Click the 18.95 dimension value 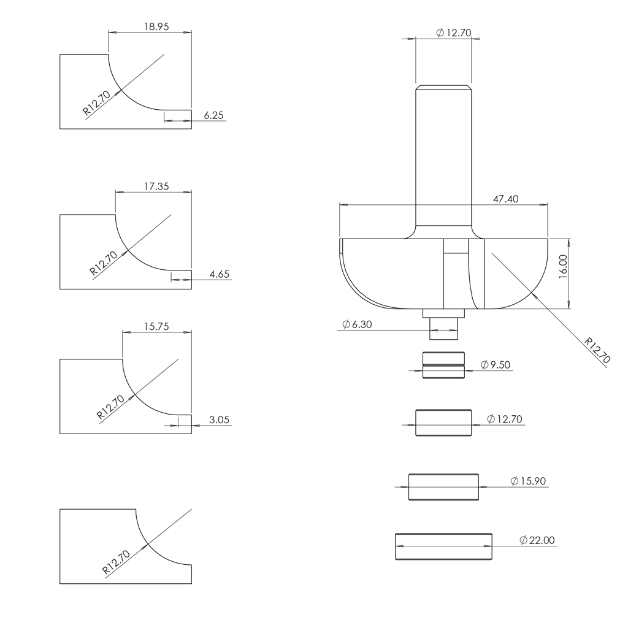click(x=156, y=27)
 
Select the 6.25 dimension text click(x=214, y=115)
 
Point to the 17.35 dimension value click(x=156, y=186)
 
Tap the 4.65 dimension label click(x=219, y=274)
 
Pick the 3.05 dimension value click(x=219, y=420)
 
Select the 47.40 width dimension click(x=505, y=199)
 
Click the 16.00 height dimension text click(x=563, y=267)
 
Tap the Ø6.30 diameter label click(x=357, y=324)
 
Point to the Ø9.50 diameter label click(x=496, y=365)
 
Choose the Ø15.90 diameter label click(x=528, y=481)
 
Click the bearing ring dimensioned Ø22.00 click(x=443, y=546)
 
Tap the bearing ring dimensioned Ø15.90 click(x=443, y=487)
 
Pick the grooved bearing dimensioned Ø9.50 click(x=443, y=366)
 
